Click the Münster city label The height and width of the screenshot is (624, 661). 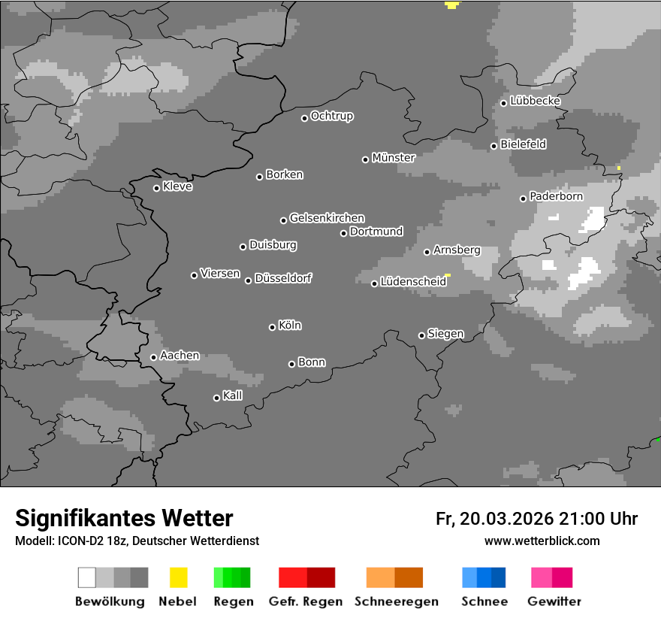394,158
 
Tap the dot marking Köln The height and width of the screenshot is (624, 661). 272,327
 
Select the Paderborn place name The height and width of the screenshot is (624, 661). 557,196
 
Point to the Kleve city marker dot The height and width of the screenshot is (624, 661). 156,188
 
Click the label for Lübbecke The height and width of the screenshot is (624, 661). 536,101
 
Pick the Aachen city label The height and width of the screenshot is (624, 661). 180,356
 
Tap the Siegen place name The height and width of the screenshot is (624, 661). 445,334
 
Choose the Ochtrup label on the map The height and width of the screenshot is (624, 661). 332,116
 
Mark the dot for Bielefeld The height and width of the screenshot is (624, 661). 493,146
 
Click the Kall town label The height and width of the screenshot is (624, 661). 233,395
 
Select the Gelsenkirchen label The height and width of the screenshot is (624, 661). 327,218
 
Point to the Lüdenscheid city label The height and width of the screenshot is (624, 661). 413,282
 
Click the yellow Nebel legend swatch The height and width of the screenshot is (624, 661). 178,577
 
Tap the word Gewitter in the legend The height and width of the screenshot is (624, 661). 554,601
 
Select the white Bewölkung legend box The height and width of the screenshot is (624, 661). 87,577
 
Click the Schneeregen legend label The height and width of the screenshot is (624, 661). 397,601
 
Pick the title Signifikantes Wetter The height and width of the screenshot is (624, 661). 124,518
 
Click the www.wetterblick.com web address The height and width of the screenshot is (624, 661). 542,541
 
